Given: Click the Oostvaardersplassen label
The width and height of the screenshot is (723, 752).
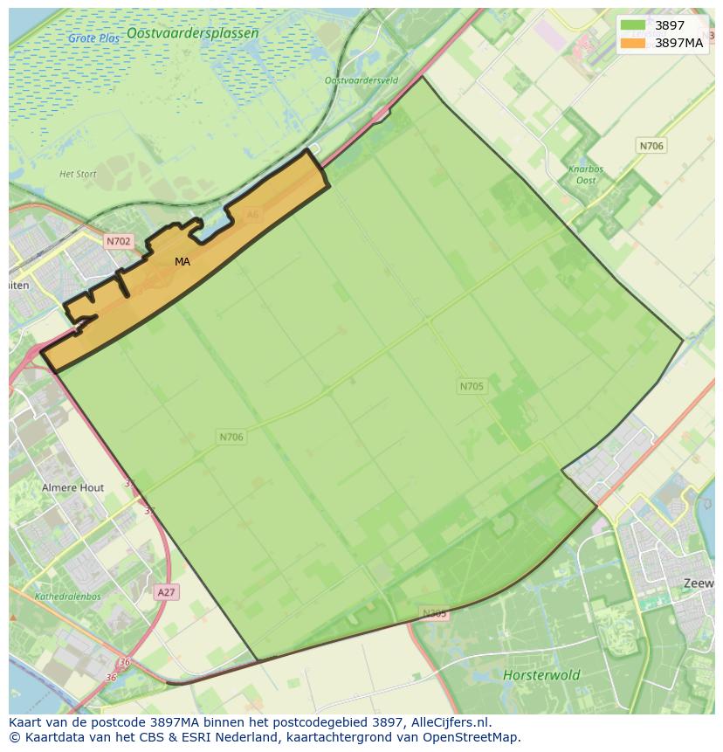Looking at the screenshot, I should (192, 33).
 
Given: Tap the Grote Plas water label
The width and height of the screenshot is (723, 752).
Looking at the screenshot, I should (94, 38).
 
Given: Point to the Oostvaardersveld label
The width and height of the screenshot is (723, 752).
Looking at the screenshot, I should (361, 80).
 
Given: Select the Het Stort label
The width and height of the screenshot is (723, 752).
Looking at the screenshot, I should (78, 174).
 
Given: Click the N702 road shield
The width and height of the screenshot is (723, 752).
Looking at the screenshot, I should (118, 241).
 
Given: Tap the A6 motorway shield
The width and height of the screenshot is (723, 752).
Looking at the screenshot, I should (252, 214).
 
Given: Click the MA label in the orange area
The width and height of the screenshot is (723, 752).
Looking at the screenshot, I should (182, 261).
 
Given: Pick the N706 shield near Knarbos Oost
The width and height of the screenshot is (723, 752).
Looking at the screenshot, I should (651, 146).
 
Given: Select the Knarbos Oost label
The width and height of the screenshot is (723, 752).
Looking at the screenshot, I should (586, 175).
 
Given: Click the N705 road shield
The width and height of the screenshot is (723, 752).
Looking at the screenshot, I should (472, 386).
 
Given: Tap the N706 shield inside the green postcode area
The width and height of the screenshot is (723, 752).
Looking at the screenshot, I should (231, 437).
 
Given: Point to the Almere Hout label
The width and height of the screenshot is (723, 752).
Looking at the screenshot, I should (72, 487).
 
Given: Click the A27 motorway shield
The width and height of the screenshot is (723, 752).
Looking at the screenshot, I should (166, 592).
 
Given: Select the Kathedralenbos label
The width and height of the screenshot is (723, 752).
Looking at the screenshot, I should (68, 597).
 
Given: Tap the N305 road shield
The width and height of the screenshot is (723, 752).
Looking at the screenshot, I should (434, 613).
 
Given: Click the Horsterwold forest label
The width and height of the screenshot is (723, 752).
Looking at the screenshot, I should (541, 674).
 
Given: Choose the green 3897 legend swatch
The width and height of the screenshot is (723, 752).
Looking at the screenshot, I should (633, 25).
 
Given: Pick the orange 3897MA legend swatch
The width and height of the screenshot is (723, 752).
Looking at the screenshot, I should (633, 42).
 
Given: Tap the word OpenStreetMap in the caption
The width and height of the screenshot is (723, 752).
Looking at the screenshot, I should (472, 737).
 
